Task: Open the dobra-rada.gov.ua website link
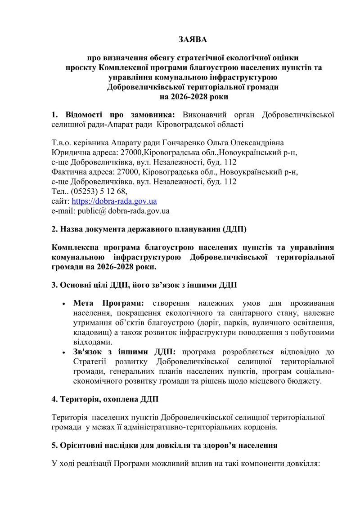[x=114, y=201]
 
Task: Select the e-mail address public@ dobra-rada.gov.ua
[x=110, y=210]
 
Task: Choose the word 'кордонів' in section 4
[x=261, y=427]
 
